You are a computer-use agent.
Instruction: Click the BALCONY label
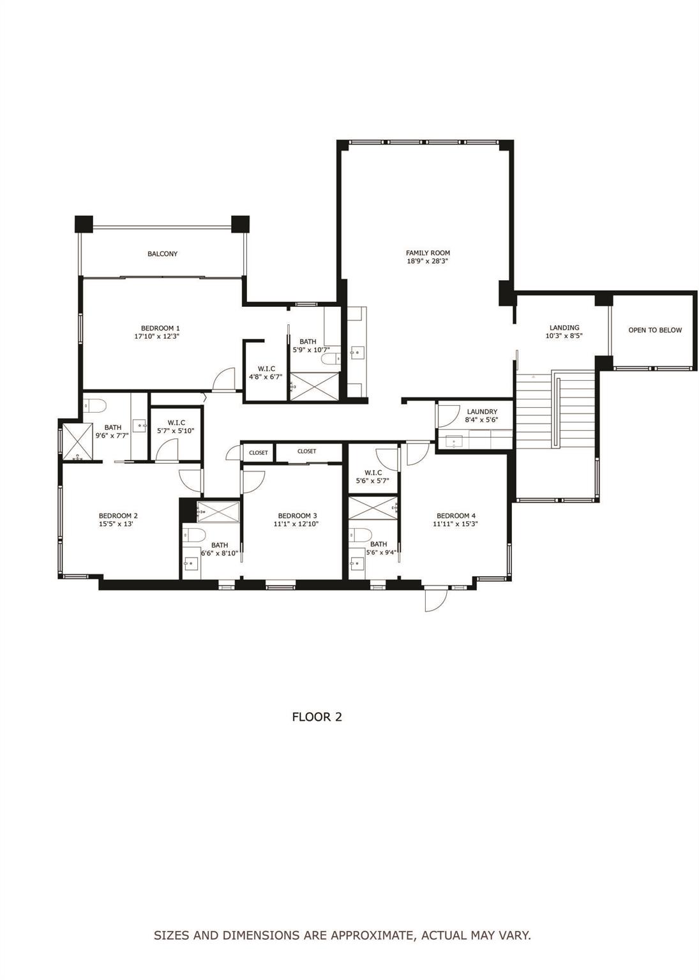162,254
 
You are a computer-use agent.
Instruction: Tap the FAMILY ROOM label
428,253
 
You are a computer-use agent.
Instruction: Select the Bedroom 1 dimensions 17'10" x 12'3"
156,336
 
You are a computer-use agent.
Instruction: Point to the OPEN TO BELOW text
655,330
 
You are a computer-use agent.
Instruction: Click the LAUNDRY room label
481,412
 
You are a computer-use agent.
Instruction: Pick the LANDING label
564,327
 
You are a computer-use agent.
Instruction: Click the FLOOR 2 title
317,716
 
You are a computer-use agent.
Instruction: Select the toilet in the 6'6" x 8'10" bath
193,534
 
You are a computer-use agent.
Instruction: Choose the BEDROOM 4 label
455,516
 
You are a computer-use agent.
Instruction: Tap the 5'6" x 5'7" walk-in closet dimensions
373,481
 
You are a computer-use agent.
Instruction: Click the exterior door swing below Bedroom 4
433,599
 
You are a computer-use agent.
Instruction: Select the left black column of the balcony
84,225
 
